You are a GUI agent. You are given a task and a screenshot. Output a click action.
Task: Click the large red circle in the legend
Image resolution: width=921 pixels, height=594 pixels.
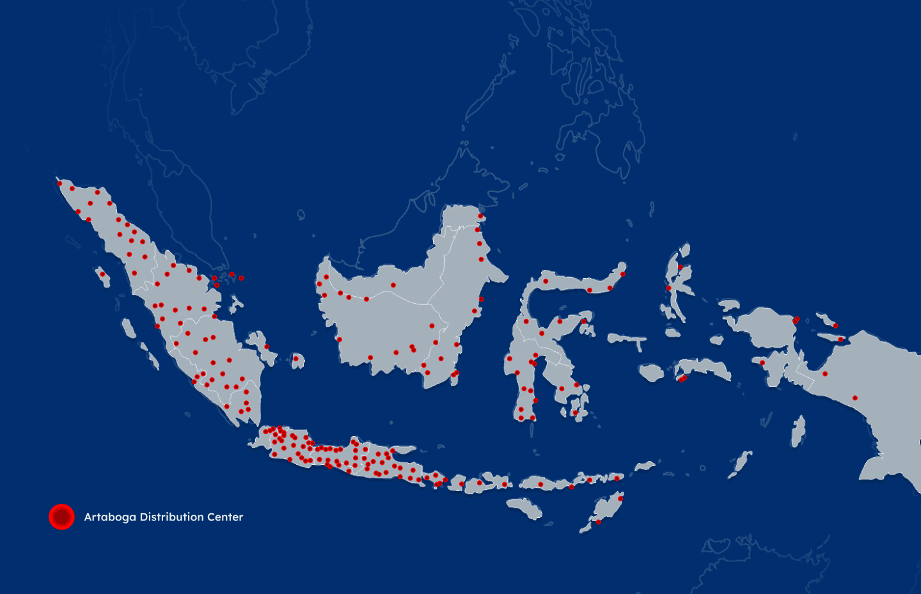click(61, 517)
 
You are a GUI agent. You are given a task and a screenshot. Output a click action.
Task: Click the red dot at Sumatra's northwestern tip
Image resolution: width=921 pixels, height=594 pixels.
click(59, 184)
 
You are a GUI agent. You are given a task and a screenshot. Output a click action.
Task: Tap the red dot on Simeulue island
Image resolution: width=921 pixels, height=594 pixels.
click(102, 274)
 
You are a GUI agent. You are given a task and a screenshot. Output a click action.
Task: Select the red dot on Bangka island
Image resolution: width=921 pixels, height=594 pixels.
click(267, 347)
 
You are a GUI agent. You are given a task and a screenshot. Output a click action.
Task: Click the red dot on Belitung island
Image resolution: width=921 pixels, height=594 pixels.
click(295, 359)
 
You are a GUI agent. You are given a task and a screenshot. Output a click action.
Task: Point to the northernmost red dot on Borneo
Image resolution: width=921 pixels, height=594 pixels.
click(480, 216)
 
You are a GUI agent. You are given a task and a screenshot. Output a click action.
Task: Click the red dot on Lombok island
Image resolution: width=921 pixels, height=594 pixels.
click(479, 483)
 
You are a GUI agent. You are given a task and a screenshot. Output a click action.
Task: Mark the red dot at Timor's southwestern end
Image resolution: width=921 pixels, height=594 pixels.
click(598, 522)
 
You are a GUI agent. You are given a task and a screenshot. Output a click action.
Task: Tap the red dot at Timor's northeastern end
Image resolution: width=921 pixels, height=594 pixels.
click(620, 498)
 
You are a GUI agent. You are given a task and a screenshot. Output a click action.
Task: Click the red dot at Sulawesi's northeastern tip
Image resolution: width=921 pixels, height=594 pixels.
click(622, 274)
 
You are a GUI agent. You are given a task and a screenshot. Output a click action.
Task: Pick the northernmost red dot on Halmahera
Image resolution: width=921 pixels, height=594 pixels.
click(681, 267)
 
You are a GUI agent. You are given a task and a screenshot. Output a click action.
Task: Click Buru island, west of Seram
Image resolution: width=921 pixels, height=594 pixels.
click(651, 372)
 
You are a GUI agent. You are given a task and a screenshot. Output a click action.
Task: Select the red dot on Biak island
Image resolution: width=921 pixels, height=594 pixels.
click(835, 325)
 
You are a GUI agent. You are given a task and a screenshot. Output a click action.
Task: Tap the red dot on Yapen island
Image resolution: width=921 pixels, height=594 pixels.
click(840, 340)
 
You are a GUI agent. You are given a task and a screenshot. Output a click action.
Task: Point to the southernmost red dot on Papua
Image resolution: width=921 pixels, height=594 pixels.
click(855, 398)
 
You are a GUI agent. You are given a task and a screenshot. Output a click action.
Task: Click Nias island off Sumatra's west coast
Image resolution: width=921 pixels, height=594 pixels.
click(129, 329)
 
